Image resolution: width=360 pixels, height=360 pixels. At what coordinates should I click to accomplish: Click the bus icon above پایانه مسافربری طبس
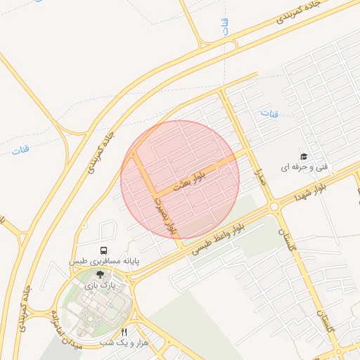[104, 250]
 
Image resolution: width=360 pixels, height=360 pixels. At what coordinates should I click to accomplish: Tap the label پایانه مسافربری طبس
[104, 262]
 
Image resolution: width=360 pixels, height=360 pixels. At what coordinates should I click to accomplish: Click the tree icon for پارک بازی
[99, 275]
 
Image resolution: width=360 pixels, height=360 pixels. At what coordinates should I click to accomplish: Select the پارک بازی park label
[98, 285]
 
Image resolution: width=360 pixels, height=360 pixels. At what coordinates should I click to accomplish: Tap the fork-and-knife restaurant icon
[124, 332]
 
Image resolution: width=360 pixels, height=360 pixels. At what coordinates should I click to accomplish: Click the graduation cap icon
[304, 156]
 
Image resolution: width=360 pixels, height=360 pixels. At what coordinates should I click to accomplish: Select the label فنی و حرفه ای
[304, 167]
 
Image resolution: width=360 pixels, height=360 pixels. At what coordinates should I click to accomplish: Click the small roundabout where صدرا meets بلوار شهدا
[273, 206]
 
